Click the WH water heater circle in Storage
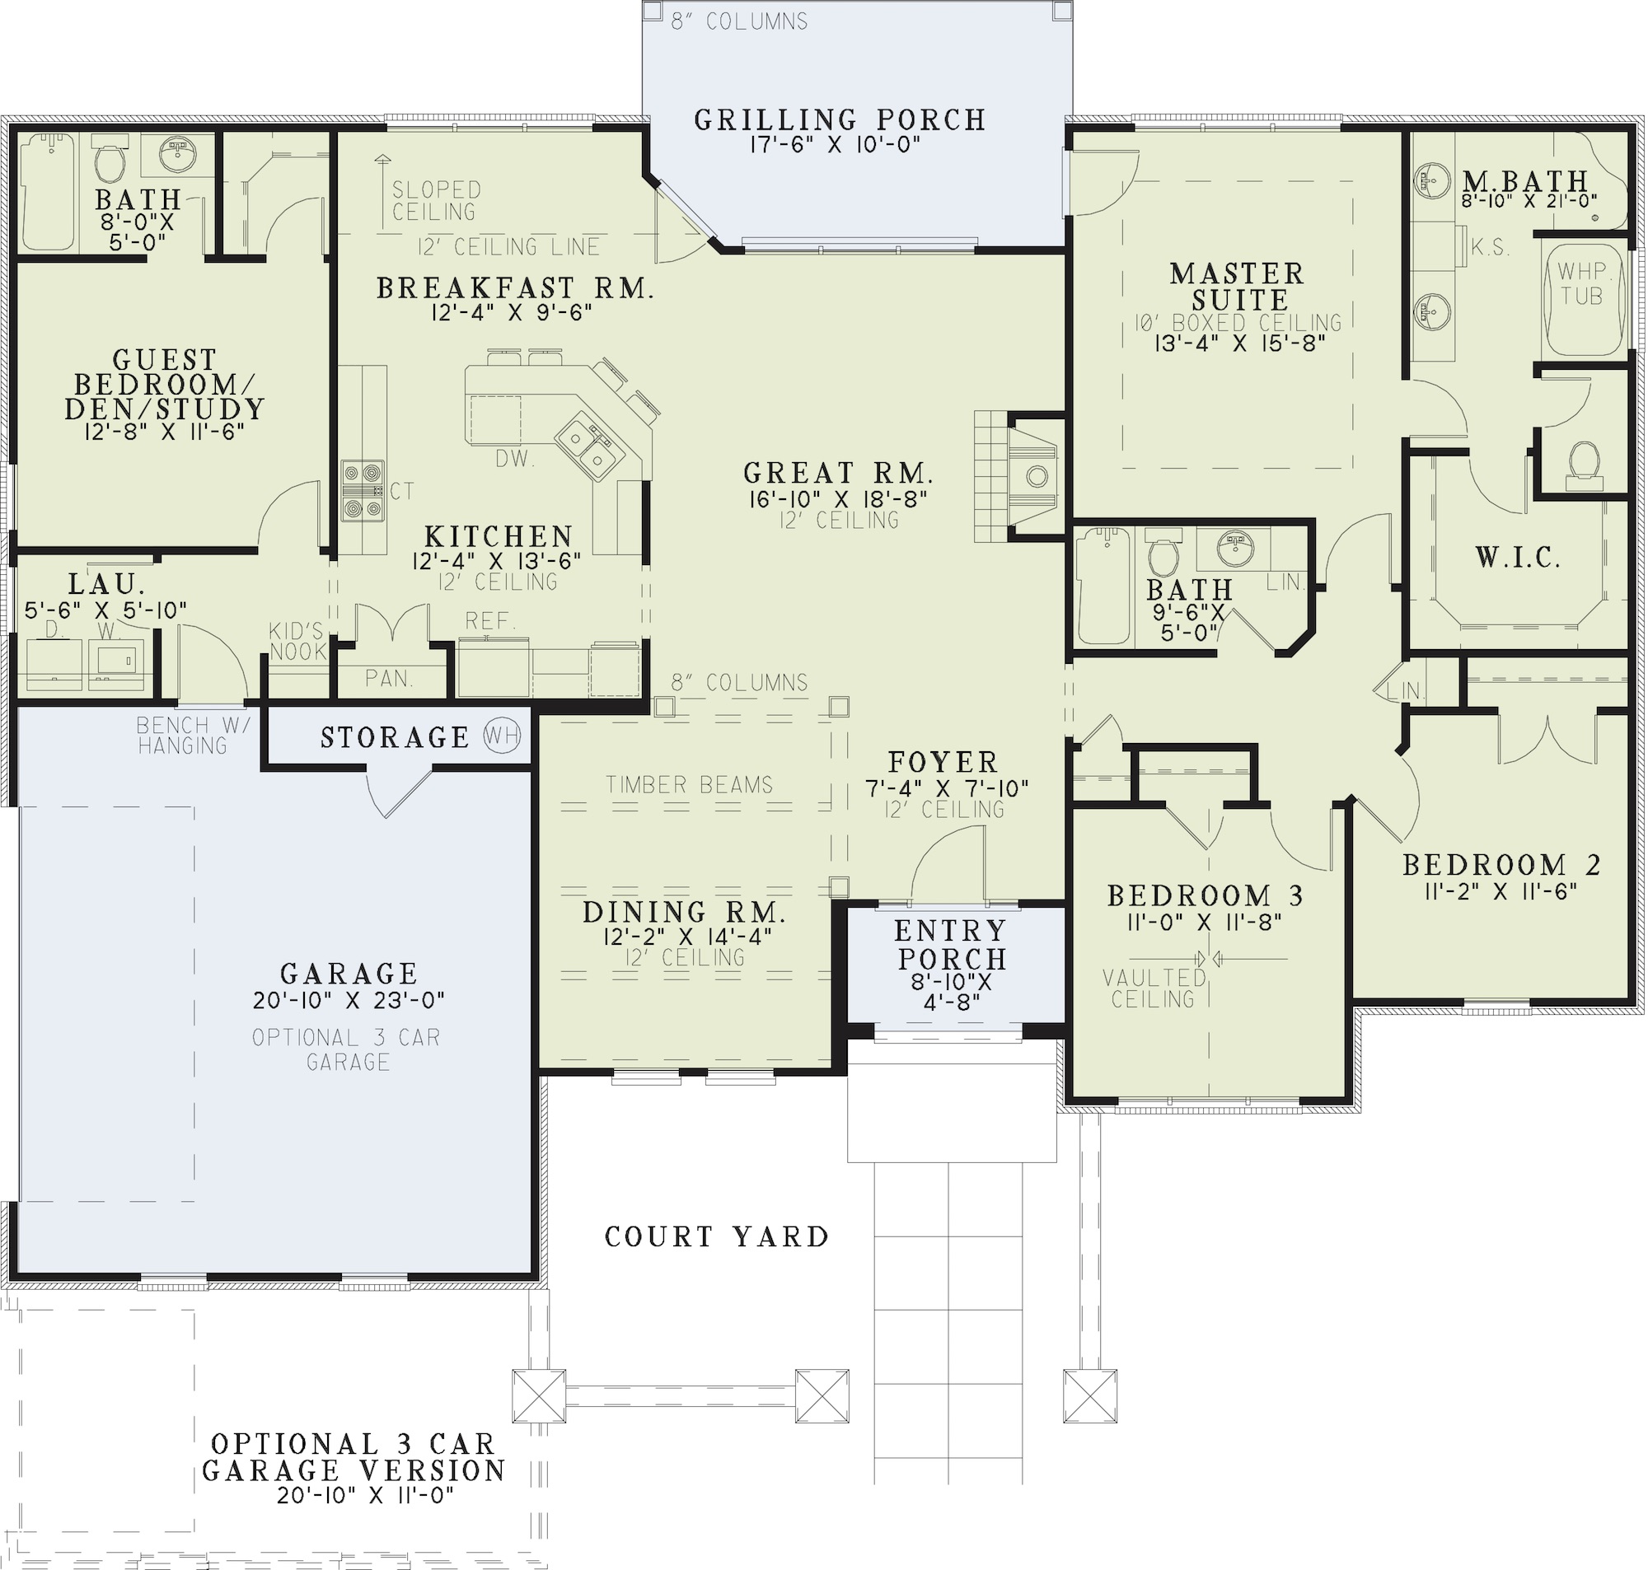[x=502, y=736]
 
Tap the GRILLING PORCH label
[x=840, y=120]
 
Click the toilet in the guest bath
[x=110, y=162]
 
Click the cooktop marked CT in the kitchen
[x=363, y=490]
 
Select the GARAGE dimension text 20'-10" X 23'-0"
[x=349, y=1000]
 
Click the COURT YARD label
[x=716, y=1237]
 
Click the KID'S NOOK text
[x=297, y=642]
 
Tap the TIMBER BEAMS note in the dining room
[x=689, y=785]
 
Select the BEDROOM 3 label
[x=1206, y=896]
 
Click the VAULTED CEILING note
[x=1154, y=988]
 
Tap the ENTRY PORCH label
[x=951, y=945]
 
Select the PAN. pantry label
[x=389, y=678]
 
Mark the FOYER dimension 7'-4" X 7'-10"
[x=946, y=788]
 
